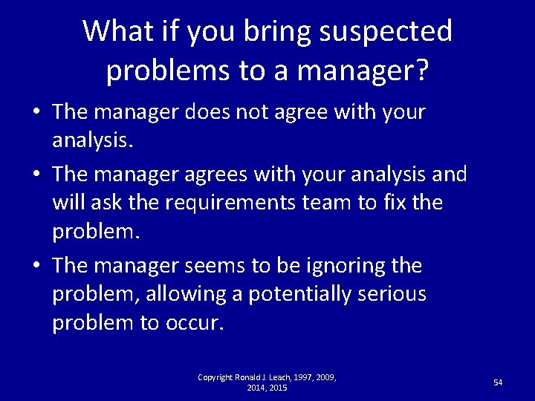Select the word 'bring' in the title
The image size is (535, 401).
pos(279,31)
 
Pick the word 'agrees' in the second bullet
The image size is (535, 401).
pos(221,174)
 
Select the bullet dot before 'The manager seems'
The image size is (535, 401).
pos(36,266)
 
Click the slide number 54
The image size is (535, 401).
pos(498,382)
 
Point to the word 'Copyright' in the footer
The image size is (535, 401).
pos(215,377)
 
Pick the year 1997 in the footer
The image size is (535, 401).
pos(301,377)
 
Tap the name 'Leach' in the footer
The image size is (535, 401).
pos(273,377)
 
